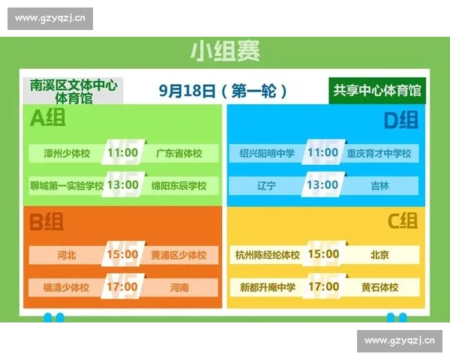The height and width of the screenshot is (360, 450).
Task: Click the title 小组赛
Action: tap(224, 52)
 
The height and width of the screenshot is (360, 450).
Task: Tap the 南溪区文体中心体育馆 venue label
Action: tap(73, 91)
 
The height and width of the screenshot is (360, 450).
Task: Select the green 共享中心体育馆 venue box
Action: tap(377, 91)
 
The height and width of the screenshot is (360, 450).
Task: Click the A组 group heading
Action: tap(47, 118)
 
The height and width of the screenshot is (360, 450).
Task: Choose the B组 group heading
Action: tap(46, 221)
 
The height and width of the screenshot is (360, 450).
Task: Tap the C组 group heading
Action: tap(402, 221)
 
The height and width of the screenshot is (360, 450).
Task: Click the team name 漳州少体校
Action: tap(67, 154)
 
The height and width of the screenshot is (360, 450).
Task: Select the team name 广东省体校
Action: tap(178, 154)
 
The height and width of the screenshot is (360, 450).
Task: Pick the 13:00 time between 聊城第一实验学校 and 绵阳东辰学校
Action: tap(123, 184)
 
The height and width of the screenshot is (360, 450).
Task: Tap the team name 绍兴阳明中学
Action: tap(267, 154)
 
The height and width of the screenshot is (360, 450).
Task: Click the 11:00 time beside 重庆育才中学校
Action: tap(323, 153)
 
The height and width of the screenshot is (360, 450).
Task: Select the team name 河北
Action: tap(67, 255)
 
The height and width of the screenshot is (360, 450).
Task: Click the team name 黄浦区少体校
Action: tap(178, 255)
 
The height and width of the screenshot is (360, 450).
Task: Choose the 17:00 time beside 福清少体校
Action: tap(123, 286)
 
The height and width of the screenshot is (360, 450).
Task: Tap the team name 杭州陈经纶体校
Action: tap(267, 255)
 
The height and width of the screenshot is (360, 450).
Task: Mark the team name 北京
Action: tap(379, 255)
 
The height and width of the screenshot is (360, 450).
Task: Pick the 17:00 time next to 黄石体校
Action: tap(323, 286)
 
